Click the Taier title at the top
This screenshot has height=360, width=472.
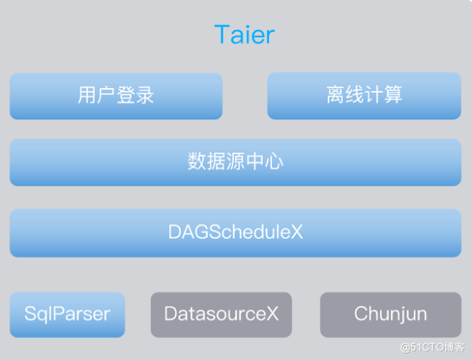pyautogui.click(x=244, y=35)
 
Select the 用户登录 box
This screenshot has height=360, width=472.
pyautogui.click(x=116, y=96)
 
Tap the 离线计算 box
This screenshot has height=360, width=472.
pyautogui.click(x=364, y=96)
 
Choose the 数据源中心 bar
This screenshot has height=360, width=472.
pyautogui.click(x=235, y=163)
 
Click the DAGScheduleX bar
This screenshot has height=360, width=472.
pyautogui.click(x=235, y=233)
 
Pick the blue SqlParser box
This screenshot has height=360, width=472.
pyautogui.click(x=67, y=314)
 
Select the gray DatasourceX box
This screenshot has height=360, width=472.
pyautogui.click(x=221, y=314)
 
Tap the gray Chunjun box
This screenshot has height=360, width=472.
pyautogui.click(x=390, y=314)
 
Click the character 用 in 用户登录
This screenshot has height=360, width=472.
pyautogui.click(x=87, y=96)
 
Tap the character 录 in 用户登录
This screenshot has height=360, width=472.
pyautogui.click(x=145, y=96)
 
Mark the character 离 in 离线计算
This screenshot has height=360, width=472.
pyautogui.click(x=336, y=96)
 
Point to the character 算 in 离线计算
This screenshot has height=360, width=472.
pyautogui.click(x=393, y=96)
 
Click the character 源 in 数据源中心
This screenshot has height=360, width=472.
pyautogui.click(x=235, y=163)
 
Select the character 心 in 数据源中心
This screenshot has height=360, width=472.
pyautogui.click(x=274, y=163)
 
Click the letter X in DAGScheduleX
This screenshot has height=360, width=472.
pyautogui.click(x=297, y=233)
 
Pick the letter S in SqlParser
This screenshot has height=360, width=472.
pyautogui.click(x=30, y=314)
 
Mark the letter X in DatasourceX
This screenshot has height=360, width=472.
pyautogui.click(x=272, y=314)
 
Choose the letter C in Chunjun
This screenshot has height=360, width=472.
pyautogui.click(x=360, y=314)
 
